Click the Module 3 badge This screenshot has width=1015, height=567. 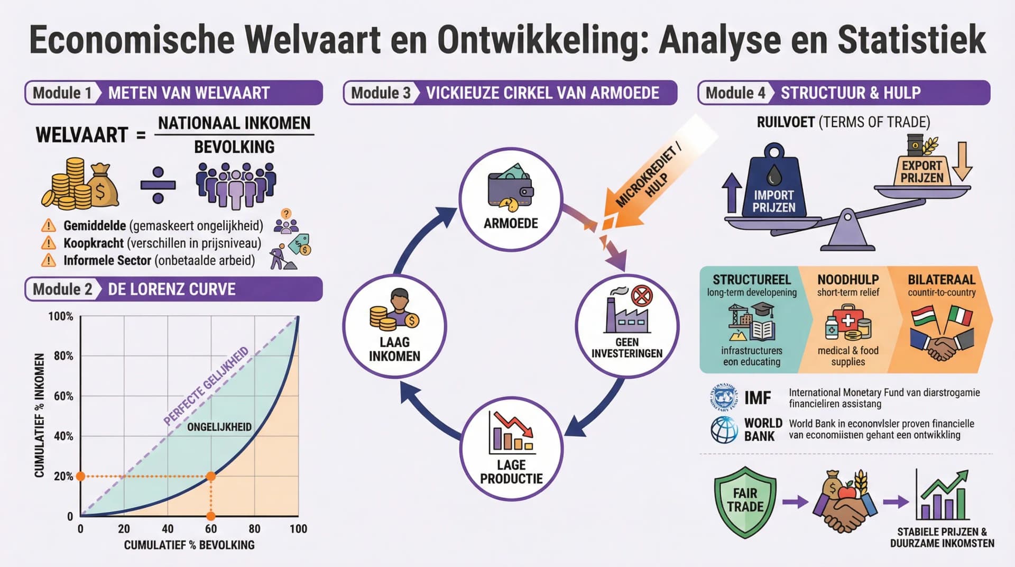click(381, 93)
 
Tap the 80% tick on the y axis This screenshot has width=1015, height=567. click(63, 356)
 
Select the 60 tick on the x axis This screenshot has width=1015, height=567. click(211, 528)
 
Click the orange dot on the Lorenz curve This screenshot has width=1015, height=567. click(211, 476)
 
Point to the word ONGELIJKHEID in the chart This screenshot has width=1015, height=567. click(219, 427)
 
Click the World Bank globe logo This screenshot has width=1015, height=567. click(724, 429)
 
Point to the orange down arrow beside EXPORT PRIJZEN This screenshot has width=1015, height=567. click(962, 161)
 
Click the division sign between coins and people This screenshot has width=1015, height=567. click(158, 185)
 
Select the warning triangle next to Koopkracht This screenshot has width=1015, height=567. click(49, 243)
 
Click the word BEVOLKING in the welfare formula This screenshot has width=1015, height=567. click(234, 147)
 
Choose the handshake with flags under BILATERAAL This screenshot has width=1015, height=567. click(941, 333)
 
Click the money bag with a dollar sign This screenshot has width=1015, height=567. click(104, 186)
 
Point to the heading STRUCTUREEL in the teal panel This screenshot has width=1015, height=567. click(751, 279)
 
